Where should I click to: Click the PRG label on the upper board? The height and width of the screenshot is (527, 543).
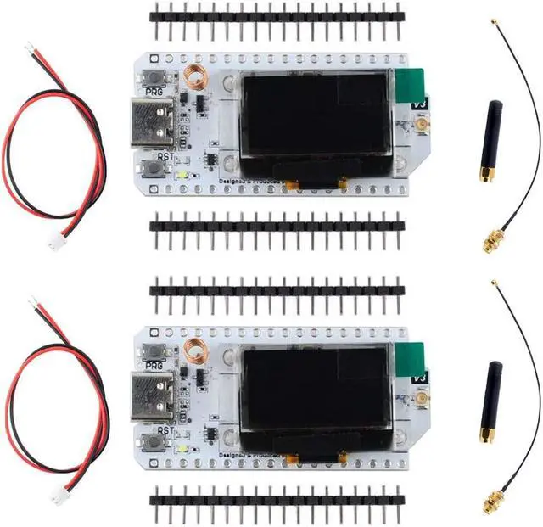154,90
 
